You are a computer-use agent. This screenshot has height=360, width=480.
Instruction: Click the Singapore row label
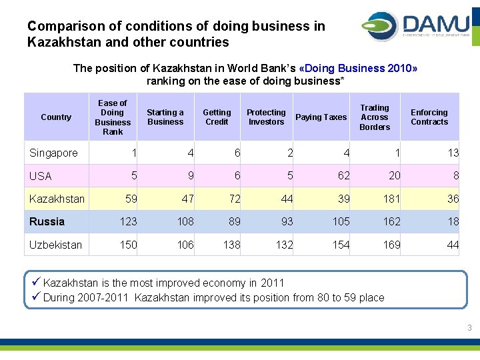click(53, 153)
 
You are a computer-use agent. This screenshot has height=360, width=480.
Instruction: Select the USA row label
click(41, 177)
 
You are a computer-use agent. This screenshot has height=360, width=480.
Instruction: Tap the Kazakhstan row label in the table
click(57, 199)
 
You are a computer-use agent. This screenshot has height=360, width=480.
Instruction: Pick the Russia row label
click(47, 221)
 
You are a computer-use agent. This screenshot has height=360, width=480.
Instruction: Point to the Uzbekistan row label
click(55, 245)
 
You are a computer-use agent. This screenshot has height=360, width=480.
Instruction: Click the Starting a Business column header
click(165, 117)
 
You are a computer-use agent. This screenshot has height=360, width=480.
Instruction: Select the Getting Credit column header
click(217, 117)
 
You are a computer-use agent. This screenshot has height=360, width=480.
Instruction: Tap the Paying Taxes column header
click(321, 117)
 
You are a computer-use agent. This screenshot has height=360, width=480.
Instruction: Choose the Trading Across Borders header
click(375, 117)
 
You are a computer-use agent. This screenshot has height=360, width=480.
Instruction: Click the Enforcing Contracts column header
click(429, 117)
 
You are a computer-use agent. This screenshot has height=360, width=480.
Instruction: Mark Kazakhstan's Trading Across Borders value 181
click(391, 199)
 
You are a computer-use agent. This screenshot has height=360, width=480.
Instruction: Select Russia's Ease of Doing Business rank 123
click(128, 221)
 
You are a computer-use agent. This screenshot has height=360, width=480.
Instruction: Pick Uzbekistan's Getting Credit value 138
click(231, 245)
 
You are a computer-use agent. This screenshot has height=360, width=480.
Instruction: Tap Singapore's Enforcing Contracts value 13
click(453, 153)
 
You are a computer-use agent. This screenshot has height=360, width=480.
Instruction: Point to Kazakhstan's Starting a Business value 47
click(187, 199)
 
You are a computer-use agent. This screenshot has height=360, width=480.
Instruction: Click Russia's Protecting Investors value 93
click(286, 221)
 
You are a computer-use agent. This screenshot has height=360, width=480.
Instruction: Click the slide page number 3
click(469, 328)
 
